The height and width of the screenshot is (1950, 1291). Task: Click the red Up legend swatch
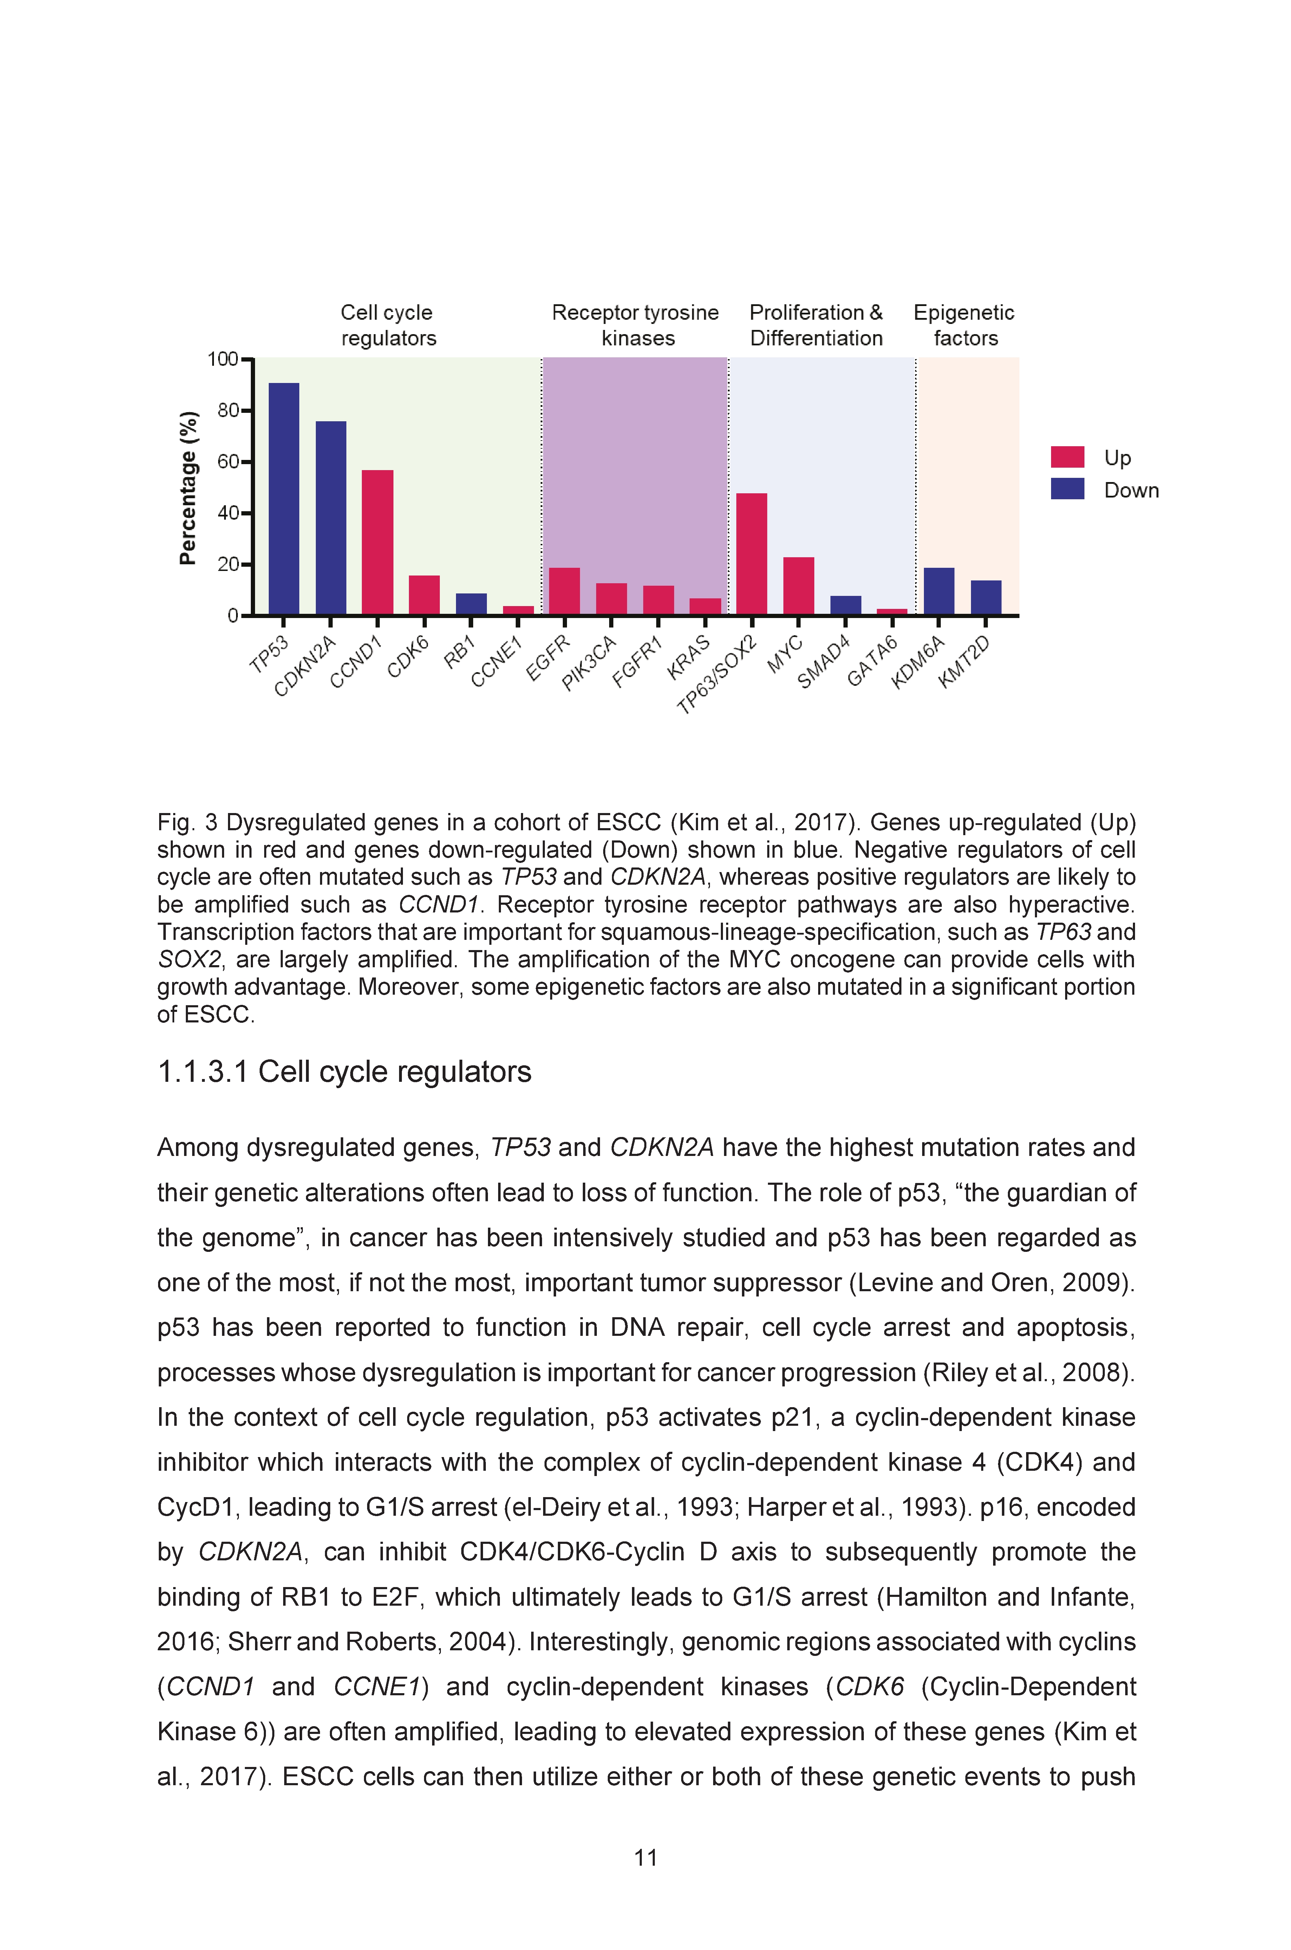point(1067,457)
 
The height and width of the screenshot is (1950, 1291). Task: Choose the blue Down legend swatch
point(1067,488)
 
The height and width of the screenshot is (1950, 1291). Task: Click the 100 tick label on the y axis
point(222,359)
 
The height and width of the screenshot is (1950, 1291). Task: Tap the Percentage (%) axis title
point(189,488)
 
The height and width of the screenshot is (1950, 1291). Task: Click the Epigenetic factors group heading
point(964,325)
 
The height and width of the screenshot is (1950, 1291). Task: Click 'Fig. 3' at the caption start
point(188,823)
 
